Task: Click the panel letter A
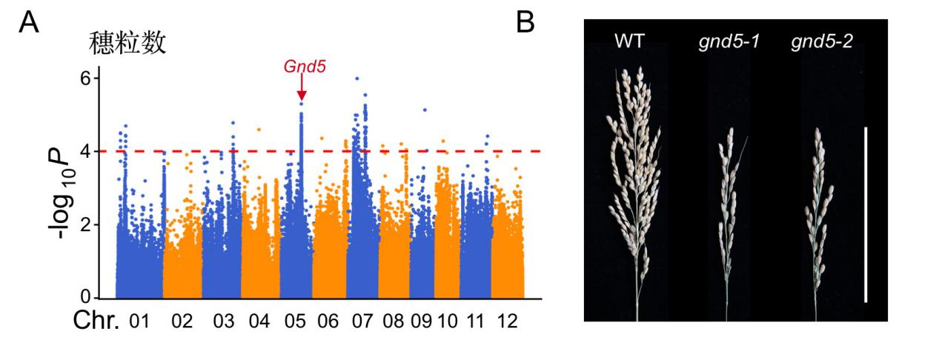coord(29,22)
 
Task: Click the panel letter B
coord(525,22)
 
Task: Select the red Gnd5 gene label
coord(305,66)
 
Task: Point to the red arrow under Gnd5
coord(302,89)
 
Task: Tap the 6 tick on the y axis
coord(87,79)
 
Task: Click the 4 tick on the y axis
coord(87,151)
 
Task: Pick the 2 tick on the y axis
coord(87,224)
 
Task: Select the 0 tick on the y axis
coord(87,296)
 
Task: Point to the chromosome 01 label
coord(139,321)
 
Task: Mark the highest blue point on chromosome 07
coord(357,79)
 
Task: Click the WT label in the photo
coord(629,41)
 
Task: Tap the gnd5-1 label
coord(727,42)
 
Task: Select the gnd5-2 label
coord(821,42)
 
